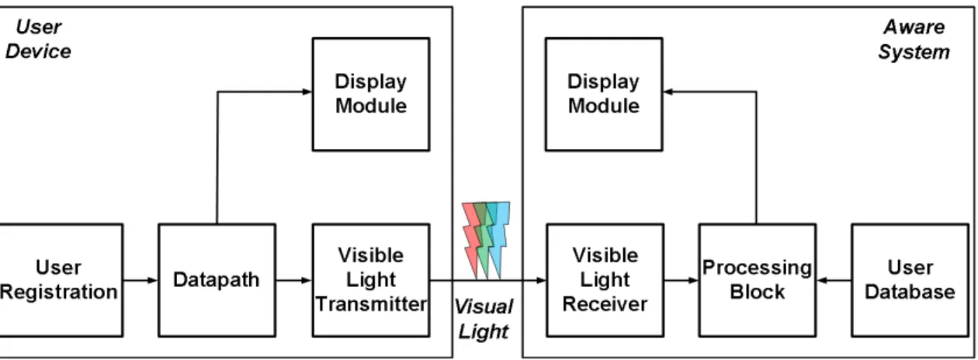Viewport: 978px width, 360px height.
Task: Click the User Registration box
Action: pos(61,280)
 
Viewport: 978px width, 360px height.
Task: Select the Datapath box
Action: pos(217,280)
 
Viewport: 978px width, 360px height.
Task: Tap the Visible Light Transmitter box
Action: pos(371,280)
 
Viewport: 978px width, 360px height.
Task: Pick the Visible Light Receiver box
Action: pos(605,280)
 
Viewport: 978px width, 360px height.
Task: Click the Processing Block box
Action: pos(758,280)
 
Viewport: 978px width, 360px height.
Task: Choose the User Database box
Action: pos(910,280)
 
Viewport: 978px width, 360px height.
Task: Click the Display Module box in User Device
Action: pos(371,94)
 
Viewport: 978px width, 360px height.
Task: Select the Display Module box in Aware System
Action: pos(604,94)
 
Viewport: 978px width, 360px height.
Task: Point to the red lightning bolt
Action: pos(472,240)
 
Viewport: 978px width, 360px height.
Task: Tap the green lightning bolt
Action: pos(484,240)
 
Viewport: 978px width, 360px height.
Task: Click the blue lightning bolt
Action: pos(498,240)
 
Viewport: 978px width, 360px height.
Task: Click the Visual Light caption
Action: pos(484,319)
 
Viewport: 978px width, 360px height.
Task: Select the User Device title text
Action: pos(39,40)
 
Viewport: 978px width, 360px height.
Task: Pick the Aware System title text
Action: pos(914,40)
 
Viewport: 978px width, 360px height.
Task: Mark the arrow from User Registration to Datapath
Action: pos(140,280)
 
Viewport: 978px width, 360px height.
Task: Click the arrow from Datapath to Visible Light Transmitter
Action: pos(294,280)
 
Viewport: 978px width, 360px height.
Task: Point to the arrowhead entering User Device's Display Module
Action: pos(307,92)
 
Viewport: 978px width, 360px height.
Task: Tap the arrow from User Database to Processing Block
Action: pos(834,280)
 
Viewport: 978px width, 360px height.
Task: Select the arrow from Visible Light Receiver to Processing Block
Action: pos(681,280)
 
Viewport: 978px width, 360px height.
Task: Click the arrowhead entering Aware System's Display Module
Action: pos(668,92)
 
